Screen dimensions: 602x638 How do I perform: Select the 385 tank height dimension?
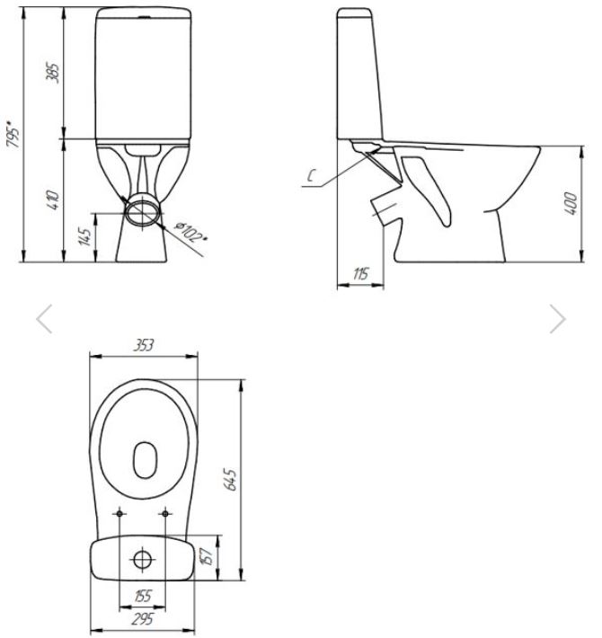point(53,73)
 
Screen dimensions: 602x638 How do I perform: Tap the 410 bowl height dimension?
point(53,199)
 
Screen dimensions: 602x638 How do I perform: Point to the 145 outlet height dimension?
point(85,237)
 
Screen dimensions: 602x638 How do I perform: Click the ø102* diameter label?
point(190,231)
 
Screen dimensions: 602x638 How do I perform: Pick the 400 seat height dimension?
point(571,203)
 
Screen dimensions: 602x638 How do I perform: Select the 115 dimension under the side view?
point(361,274)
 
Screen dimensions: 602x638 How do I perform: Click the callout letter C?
point(312,176)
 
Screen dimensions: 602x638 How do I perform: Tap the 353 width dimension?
point(144,345)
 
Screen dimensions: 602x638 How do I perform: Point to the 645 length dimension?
point(231,480)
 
